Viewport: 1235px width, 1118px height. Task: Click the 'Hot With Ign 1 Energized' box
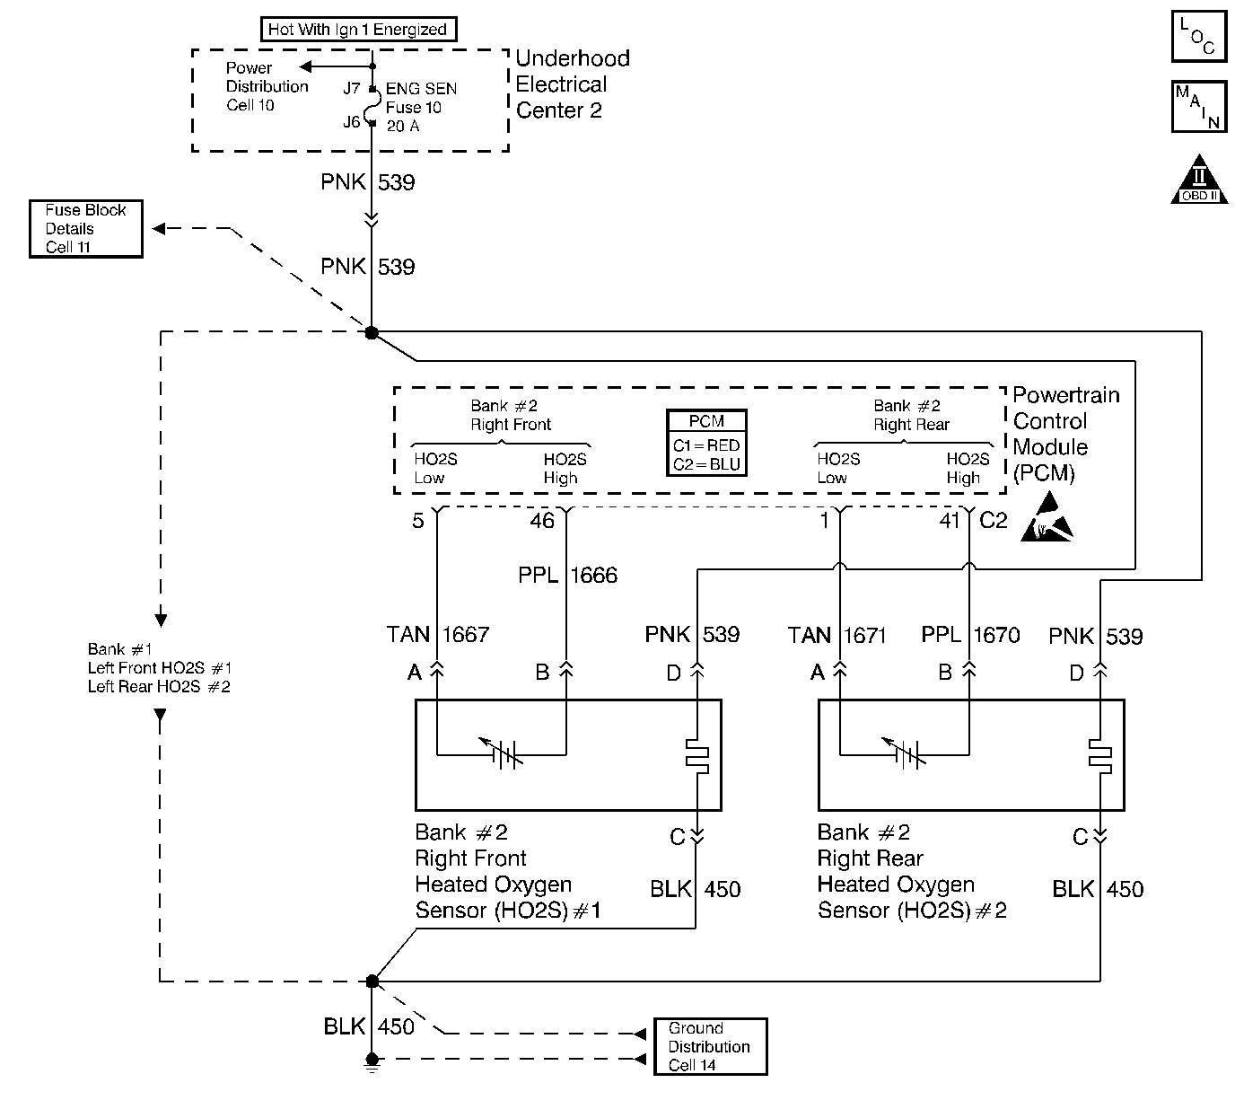(x=357, y=30)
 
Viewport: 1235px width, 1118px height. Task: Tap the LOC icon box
(x=1198, y=37)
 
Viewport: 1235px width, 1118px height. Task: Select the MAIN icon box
(x=1198, y=106)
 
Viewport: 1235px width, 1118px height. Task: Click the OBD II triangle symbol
(x=1199, y=182)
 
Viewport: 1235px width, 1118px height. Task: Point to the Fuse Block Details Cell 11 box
(x=86, y=228)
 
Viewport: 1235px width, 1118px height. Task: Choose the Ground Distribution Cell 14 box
(x=710, y=1046)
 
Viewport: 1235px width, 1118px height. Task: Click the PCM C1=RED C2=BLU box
(x=706, y=443)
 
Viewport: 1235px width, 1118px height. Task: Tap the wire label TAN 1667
(x=437, y=635)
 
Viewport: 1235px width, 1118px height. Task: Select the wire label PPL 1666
(x=567, y=575)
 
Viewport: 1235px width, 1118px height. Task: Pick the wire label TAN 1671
(x=836, y=636)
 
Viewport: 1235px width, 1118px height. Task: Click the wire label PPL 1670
(x=970, y=636)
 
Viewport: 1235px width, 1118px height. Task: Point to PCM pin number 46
(x=542, y=521)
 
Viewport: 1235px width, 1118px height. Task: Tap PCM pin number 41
(x=950, y=521)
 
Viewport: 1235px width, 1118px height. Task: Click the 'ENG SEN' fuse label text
(x=421, y=89)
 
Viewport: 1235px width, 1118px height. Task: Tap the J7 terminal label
(x=351, y=88)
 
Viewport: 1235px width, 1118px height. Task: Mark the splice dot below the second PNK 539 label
(x=372, y=333)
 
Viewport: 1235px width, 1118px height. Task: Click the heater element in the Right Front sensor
(x=697, y=755)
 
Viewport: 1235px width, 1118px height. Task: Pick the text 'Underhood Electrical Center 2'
(x=573, y=84)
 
